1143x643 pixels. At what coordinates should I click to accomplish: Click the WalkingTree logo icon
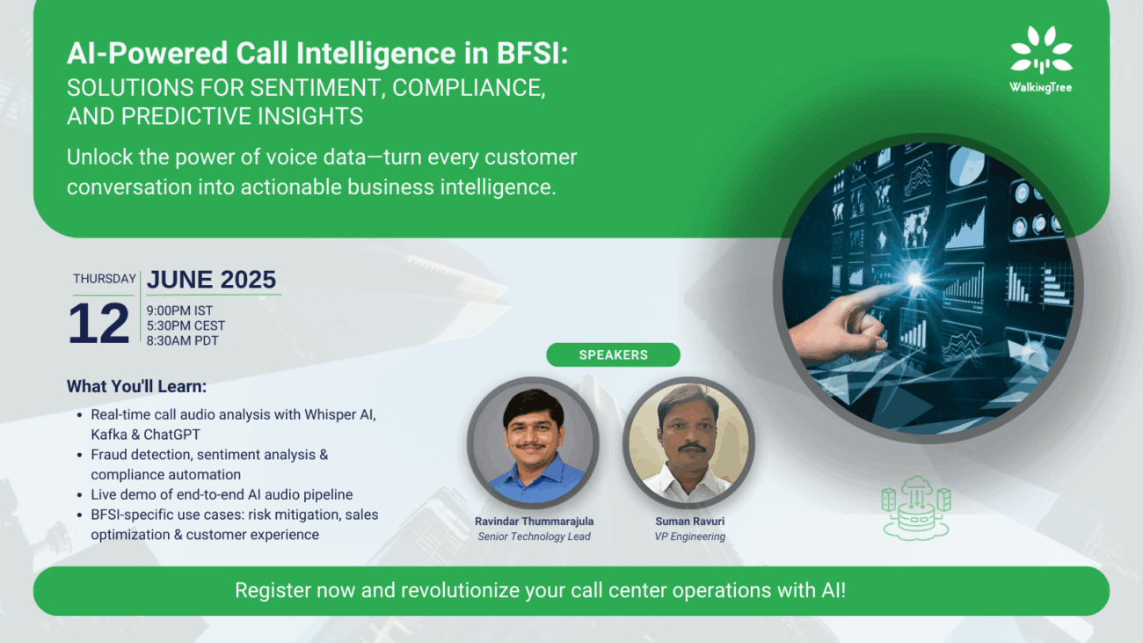coord(1041,49)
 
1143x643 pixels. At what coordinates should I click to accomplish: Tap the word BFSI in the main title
coord(532,53)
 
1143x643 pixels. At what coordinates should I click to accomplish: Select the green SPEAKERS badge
coord(613,354)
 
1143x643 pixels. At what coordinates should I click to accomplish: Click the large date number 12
coord(99,323)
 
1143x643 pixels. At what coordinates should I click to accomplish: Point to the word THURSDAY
coord(104,279)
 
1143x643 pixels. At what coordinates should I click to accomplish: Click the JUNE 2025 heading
coord(211,280)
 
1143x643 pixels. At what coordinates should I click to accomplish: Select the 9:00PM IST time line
coord(179,311)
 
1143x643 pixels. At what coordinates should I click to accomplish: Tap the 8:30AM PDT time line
coord(182,340)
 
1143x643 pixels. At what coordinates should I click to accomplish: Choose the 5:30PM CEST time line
coord(186,325)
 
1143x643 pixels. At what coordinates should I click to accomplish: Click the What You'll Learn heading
coord(137,386)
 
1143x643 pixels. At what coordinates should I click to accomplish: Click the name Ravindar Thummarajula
coord(535,521)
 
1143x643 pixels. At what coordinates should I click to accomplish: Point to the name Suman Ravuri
coord(690,521)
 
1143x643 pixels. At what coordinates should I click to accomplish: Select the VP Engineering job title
coord(690,537)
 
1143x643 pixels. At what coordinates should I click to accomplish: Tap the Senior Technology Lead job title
coord(535,537)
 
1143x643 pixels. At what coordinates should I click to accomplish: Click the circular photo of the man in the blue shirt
coord(533,442)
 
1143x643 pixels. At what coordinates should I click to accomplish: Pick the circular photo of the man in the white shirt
coord(688,442)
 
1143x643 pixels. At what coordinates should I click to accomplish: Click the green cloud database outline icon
coord(916,508)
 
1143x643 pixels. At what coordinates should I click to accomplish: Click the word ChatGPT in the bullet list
coord(172,435)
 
